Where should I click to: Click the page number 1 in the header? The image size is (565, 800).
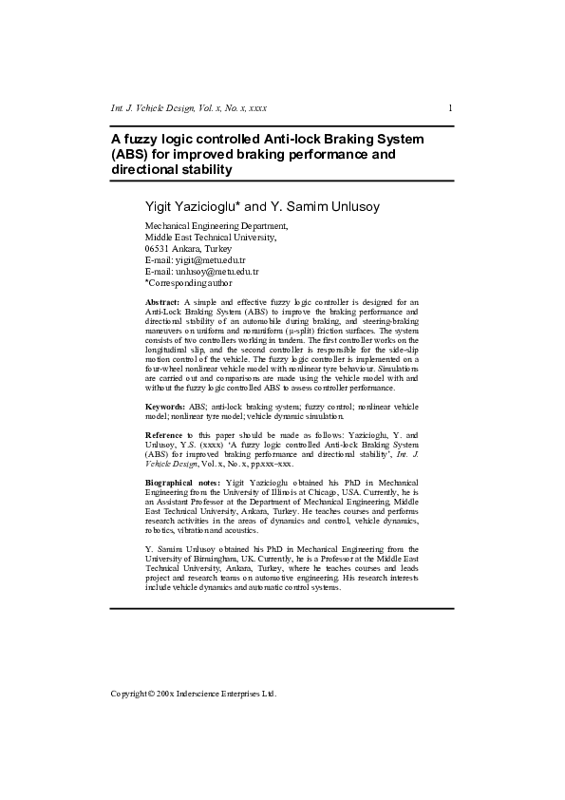pyautogui.click(x=449, y=108)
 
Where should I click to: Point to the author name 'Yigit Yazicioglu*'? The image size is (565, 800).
pyautogui.click(x=192, y=206)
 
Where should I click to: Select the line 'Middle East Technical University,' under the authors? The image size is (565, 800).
pyautogui.click(x=210, y=237)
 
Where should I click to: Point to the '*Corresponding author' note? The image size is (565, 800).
pyautogui.click(x=188, y=282)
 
